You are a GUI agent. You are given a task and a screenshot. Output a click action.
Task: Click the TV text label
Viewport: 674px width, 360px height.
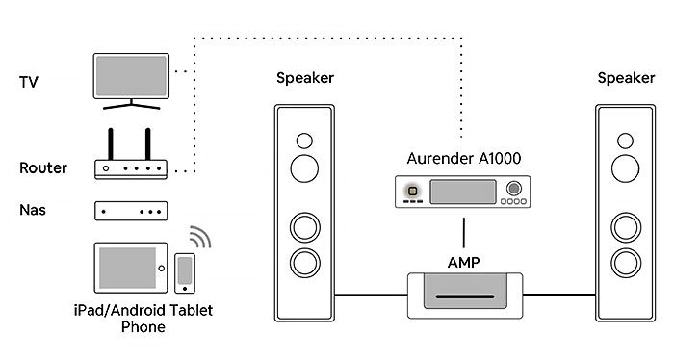tap(28, 82)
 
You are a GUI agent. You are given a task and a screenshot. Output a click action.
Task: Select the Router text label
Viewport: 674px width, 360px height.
tap(43, 168)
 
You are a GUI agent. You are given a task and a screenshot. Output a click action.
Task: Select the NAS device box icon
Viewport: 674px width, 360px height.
tap(131, 210)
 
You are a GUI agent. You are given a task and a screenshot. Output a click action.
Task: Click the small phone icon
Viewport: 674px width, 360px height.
tap(184, 272)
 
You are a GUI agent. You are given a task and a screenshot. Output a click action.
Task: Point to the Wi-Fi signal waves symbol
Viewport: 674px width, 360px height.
tap(199, 238)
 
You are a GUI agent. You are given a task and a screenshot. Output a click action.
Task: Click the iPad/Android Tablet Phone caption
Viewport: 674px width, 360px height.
tap(143, 318)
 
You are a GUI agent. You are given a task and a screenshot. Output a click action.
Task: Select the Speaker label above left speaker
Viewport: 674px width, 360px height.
tap(305, 78)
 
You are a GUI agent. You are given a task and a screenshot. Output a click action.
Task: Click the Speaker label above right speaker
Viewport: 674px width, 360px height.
tap(626, 78)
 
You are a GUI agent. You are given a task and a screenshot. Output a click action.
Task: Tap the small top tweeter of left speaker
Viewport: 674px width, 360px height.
tap(305, 139)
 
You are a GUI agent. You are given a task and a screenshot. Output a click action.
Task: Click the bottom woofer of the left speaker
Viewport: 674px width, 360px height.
tap(305, 261)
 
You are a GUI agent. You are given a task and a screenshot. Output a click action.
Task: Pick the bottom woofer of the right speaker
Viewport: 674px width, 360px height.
tap(626, 261)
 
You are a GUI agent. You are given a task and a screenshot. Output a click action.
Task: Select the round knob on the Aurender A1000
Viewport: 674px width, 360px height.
tap(514, 189)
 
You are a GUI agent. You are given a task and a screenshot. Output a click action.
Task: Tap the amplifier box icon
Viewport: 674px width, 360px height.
tap(465, 294)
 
